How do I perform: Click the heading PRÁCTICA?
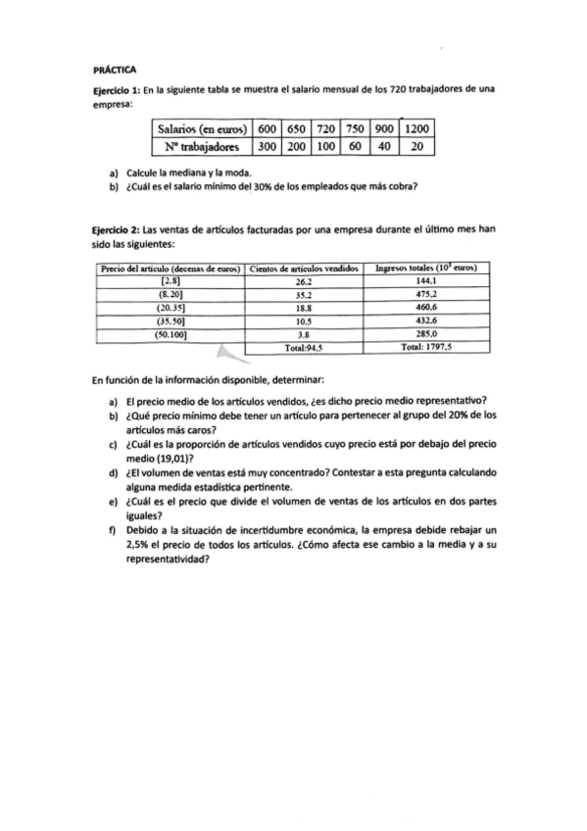pos(114,70)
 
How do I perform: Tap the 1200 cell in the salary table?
pos(417,129)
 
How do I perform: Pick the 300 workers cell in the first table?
pos(266,146)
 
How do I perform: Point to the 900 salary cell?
pos(383,129)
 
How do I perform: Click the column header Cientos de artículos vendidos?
pos(305,268)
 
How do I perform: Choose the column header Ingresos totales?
pos(425,268)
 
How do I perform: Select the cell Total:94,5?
pos(304,346)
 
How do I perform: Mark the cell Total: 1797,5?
pos(425,346)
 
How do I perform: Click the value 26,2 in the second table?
pos(304,280)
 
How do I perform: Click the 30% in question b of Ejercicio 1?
pos(264,187)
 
